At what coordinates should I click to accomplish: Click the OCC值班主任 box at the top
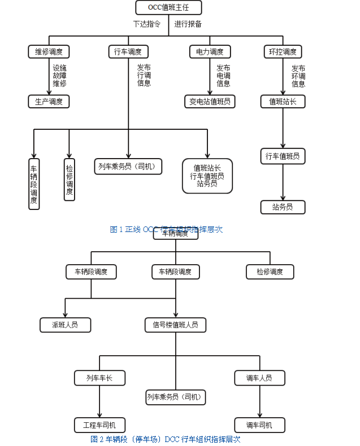[168, 7]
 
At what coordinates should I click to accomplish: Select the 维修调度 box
[49, 52]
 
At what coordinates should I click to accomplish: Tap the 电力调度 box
[209, 52]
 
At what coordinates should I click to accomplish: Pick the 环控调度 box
[283, 52]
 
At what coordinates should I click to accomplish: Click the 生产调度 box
[49, 102]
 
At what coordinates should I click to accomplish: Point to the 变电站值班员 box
[210, 102]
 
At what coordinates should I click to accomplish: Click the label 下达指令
[147, 24]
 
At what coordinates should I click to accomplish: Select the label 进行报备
[188, 24]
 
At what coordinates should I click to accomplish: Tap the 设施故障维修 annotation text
[59, 76]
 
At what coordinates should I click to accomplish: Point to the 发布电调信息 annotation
[223, 76]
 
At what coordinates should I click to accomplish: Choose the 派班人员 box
[65, 325]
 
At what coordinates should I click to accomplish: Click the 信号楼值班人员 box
[175, 325]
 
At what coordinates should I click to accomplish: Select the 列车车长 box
[99, 378]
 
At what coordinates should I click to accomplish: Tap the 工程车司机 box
[99, 425]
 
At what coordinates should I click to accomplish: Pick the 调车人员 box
[259, 378]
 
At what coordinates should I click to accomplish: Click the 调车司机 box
[259, 425]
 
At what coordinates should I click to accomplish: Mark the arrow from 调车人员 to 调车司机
[259, 401]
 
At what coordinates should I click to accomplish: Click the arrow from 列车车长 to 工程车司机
[99, 401]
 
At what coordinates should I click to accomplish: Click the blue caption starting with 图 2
[166, 439]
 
